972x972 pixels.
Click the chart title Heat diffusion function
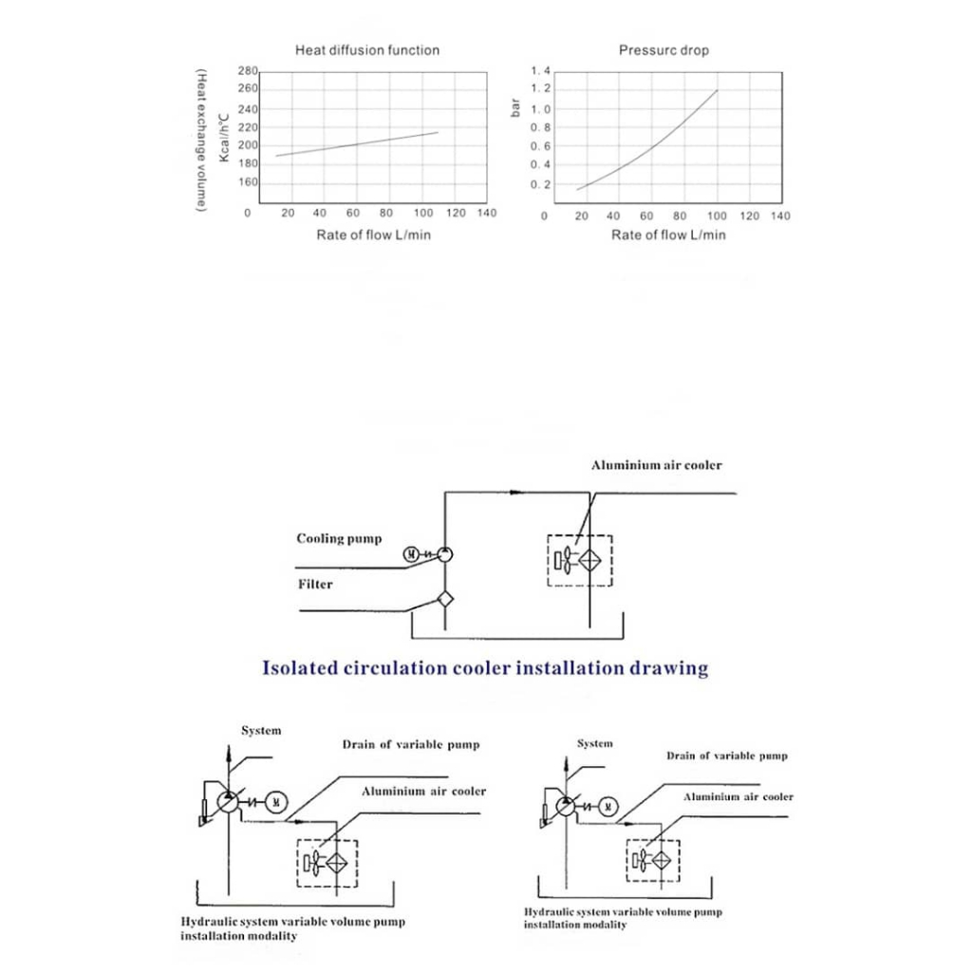[x=367, y=50]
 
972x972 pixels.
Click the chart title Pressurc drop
[x=664, y=50]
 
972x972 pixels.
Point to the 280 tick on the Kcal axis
[x=248, y=72]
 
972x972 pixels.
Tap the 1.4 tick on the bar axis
[x=541, y=72]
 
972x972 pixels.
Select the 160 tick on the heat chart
[x=248, y=183]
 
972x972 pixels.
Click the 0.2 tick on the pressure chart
[x=541, y=185]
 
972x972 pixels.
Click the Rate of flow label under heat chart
[x=373, y=234]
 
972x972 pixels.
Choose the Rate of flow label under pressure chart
[x=668, y=234]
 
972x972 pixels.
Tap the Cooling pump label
[x=339, y=539]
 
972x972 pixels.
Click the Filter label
[x=315, y=585]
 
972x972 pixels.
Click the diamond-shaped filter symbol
[x=445, y=599]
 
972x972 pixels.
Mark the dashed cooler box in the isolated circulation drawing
[x=580, y=560]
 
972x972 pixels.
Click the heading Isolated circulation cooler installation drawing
[x=485, y=668]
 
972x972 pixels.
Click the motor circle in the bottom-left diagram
[x=275, y=802]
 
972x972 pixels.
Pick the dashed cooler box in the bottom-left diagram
[x=327, y=863]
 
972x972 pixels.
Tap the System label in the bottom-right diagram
[x=595, y=744]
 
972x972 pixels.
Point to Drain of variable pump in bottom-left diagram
[x=411, y=745]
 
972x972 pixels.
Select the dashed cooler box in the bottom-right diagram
[x=654, y=860]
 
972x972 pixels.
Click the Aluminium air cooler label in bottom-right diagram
[x=738, y=797]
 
